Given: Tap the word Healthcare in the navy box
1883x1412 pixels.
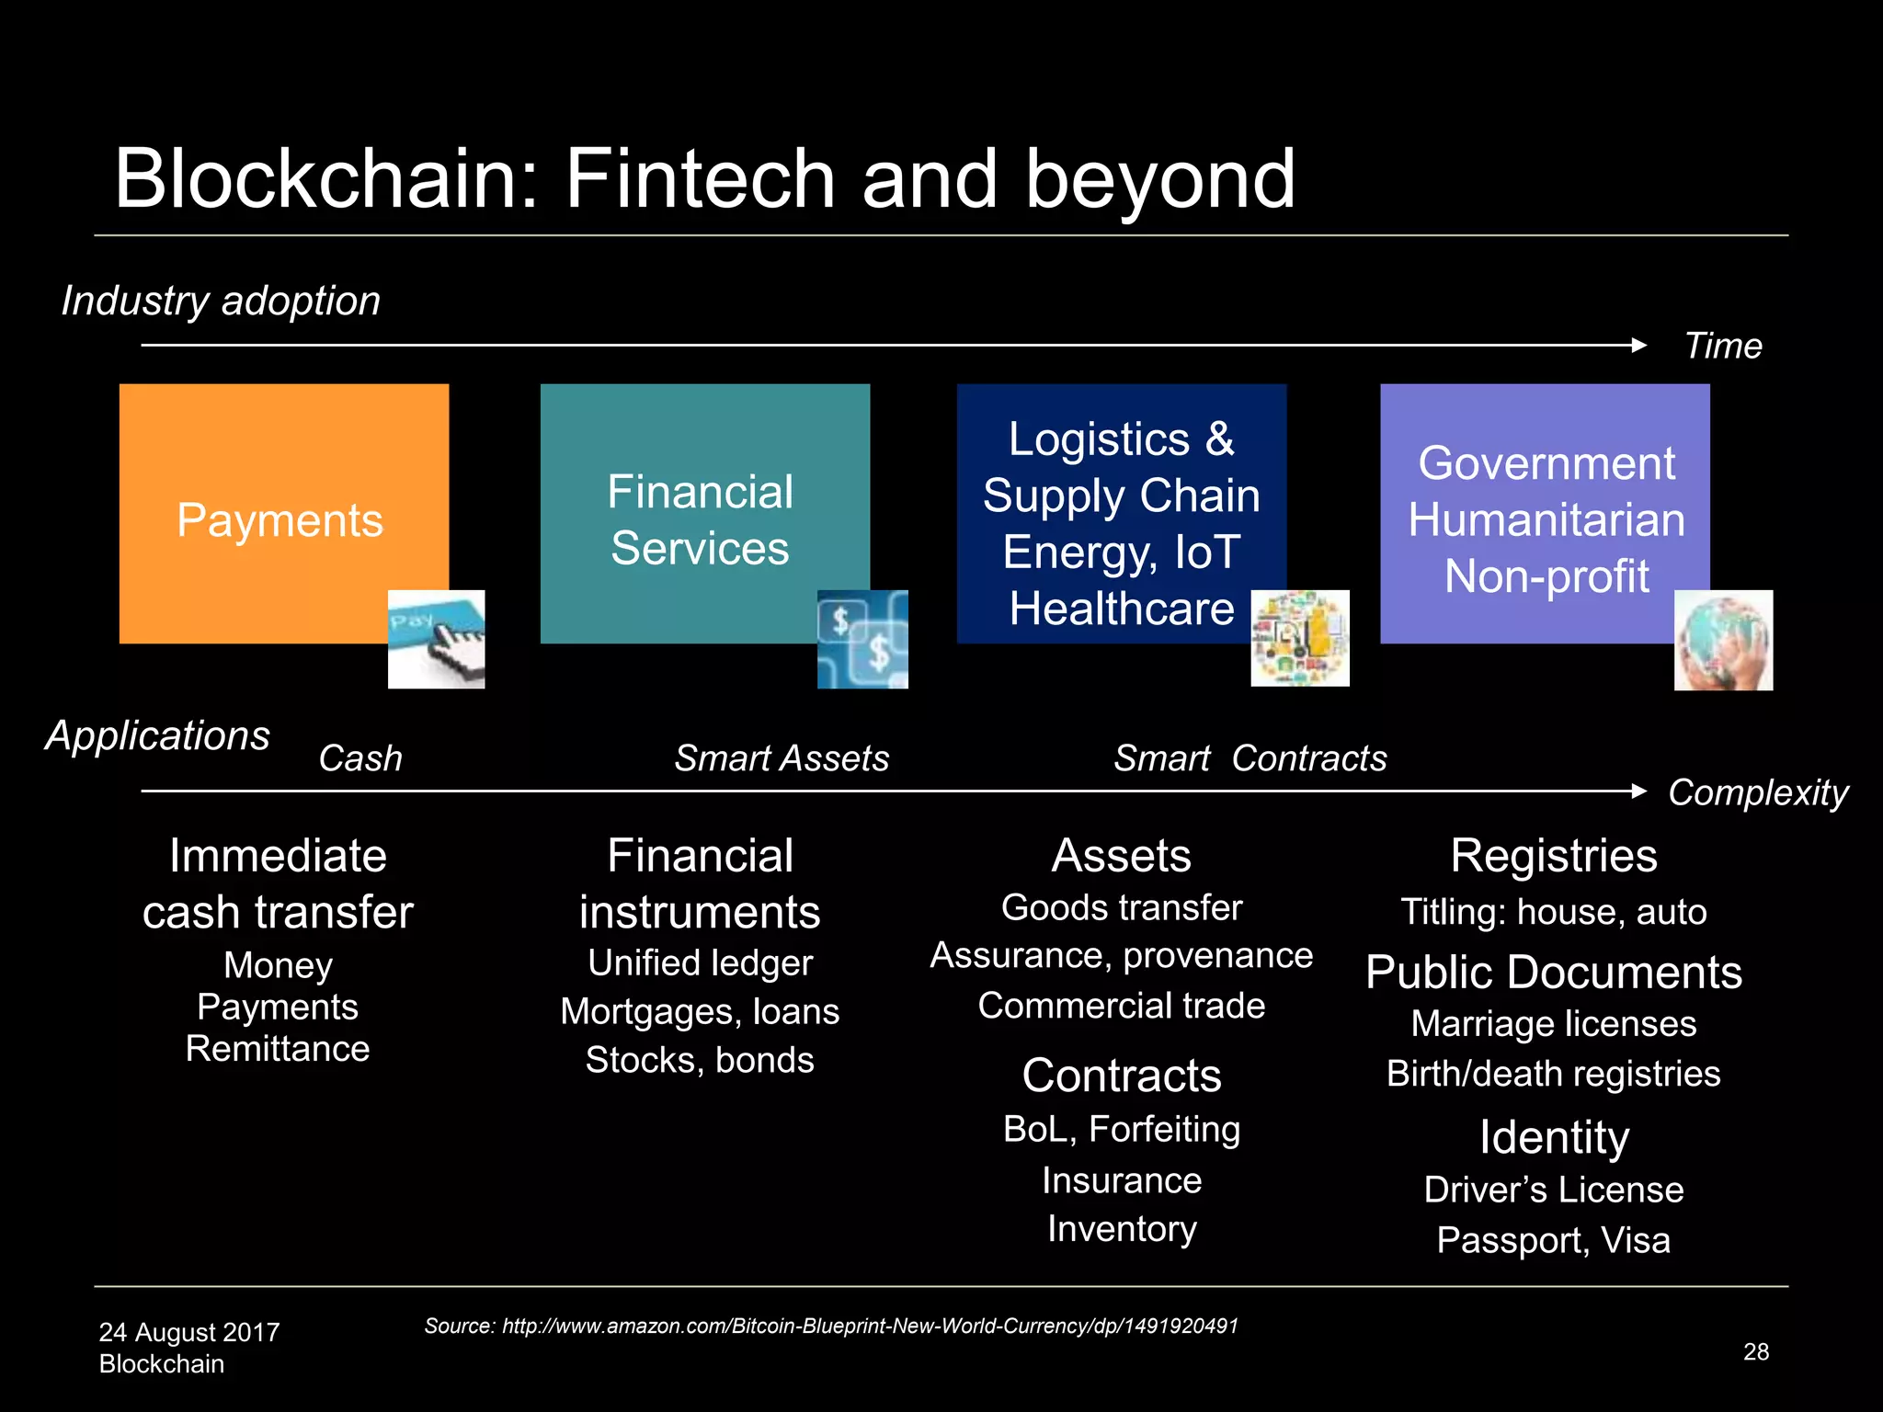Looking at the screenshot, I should pyautogui.click(x=1121, y=609).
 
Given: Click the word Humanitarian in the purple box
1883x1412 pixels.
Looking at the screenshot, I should pyautogui.click(x=1546, y=520).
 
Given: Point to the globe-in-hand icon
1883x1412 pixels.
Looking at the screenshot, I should pyautogui.click(x=1723, y=640).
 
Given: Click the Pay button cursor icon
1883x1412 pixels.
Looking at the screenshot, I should pyautogui.click(x=436, y=640).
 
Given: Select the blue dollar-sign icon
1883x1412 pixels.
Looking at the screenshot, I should pyautogui.click(x=862, y=640).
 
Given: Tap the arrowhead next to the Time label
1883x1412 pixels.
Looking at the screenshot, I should pyautogui.click(x=1638, y=346).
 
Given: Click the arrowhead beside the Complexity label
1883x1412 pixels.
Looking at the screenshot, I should pyautogui.click(x=1638, y=791).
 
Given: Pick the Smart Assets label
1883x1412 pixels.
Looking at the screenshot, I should pyautogui.click(x=782, y=758).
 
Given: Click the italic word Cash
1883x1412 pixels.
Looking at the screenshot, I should pyautogui.click(x=360, y=758).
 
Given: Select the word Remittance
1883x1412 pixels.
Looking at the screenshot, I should pyautogui.click(x=278, y=1049).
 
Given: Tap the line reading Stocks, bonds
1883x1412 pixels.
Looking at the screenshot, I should pyautogui.click(x=700, y=1060).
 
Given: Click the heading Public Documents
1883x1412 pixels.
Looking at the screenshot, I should pyautogui.click(x=1553, y=973).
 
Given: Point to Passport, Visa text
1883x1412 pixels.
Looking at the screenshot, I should pyautogui.click(x=1553, y=1240).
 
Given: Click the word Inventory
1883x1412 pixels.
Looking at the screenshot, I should pyautogui.click(x=1122, y=1229).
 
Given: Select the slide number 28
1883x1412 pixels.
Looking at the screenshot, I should pyautogui.click(x=1755, y=1351).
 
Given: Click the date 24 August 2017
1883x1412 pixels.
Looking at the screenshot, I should pyautogui.click(x=189, y=1332).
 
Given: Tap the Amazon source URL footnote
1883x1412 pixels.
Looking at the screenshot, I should pyautogui.click(x=830, y=1326).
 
